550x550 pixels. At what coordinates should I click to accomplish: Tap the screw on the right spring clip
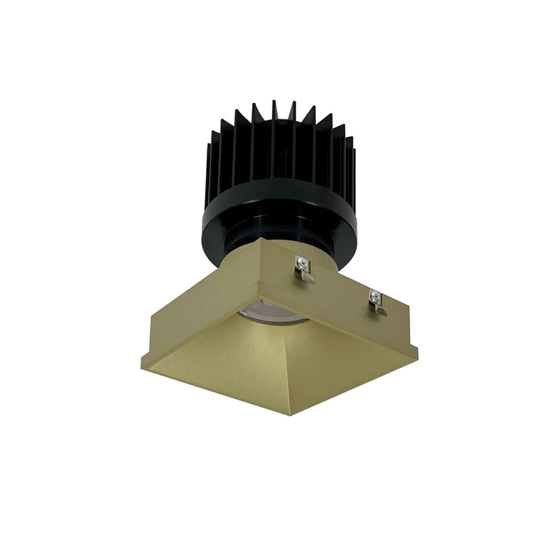click(x=375, y=296)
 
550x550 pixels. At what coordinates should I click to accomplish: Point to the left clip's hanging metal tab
click(x=306, y=276)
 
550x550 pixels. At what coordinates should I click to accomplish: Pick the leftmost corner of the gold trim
click(x=142, y=365)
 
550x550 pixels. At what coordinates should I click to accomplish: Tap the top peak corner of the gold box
click(x=262, y=240)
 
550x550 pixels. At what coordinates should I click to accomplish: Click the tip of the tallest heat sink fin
click(x=273, y=102)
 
